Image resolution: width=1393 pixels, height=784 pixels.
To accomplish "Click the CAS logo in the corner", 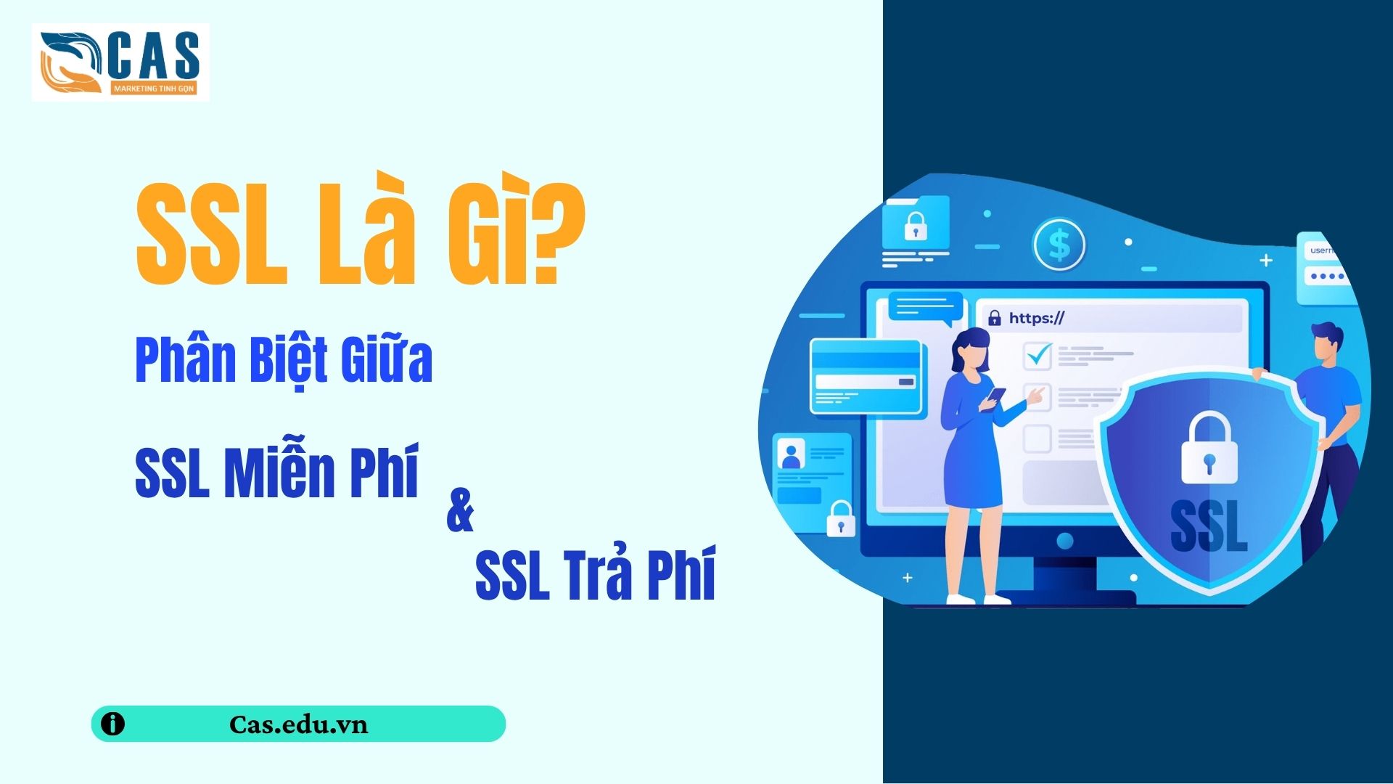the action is [120, 62].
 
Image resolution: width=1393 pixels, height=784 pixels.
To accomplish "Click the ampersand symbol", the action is [460, 510].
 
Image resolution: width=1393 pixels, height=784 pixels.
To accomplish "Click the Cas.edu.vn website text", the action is [298, 724].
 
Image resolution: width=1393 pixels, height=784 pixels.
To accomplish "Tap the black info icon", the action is [112, 724].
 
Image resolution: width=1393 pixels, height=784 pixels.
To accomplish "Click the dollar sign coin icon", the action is [1059, 245].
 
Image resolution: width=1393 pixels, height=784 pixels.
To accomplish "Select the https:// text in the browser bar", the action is [1036, 318].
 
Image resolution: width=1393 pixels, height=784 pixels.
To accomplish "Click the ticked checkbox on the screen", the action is [1037, 356].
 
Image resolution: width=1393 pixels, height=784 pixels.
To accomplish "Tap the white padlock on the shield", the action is [1209, 448].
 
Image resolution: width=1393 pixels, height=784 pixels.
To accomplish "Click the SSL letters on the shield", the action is [1209, 526].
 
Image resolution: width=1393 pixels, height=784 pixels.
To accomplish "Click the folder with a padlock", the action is [916, 223].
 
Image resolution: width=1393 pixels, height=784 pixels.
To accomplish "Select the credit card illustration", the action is [866, 378].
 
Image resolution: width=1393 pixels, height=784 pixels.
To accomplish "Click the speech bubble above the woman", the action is [926, 308].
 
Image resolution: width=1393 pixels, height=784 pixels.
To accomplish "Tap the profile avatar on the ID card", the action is [791, 454].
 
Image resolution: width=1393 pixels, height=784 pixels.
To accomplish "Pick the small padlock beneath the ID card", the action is [841, 518].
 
